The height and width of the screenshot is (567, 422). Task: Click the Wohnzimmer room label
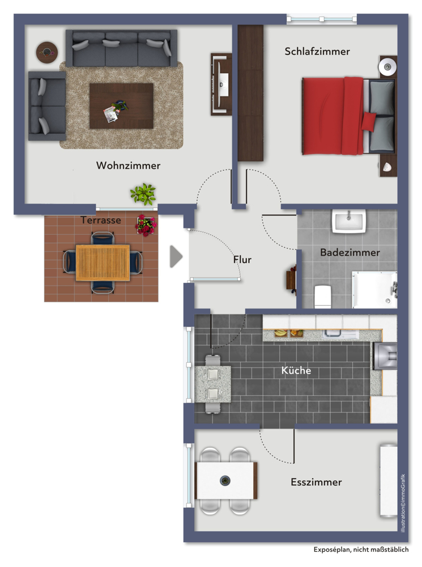pos(128,165)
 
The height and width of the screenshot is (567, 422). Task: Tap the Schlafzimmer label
pos(317,52)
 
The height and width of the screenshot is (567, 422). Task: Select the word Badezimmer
pos(349,252)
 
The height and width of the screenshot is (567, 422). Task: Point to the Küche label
pos(296,370)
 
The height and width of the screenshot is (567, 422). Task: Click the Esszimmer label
pos(316,482)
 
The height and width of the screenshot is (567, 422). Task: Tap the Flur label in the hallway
pos(242,259)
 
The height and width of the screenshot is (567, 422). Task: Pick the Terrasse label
pos(101,220)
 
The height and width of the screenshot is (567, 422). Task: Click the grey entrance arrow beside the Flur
pos(176,257)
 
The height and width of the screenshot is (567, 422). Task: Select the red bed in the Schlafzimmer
pos(348,116)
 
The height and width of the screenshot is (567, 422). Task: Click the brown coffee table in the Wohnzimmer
pos(121,106)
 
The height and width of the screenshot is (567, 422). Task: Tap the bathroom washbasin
pos(349,221)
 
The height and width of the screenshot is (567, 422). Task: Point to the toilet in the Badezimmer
pos(323,297)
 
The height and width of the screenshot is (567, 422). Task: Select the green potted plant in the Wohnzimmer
pos(143,194)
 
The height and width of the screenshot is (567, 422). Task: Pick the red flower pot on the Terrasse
pos(146,225)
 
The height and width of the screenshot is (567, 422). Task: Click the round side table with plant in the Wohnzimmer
pos(47,52)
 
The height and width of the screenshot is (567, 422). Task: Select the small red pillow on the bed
pos(369,121)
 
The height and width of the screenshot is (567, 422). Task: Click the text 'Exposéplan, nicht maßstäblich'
pos(361,549)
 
